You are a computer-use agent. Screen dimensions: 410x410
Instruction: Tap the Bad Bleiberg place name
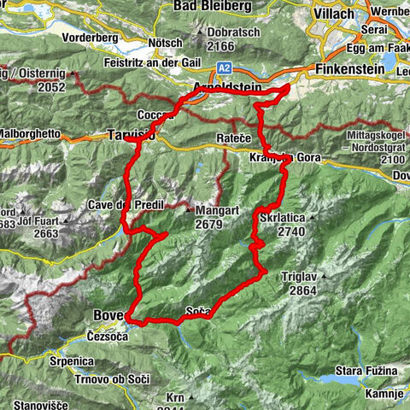click(212, 6)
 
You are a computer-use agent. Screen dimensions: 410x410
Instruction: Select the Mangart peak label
click(214, 210)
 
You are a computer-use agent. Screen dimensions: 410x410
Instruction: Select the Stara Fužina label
click(366, 371)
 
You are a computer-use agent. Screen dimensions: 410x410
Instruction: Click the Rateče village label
click(231, 138)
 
